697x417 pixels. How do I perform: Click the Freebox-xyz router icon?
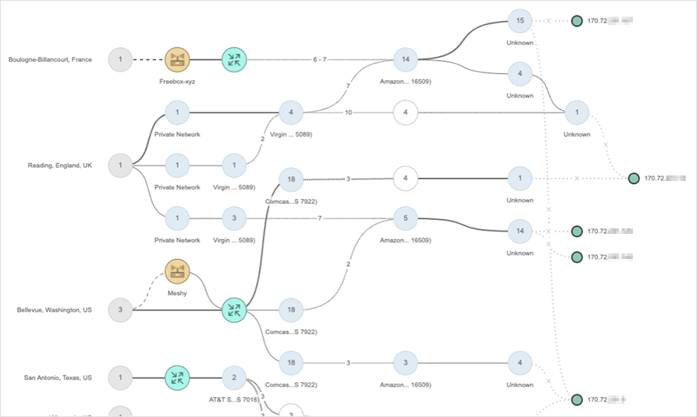point(177,60)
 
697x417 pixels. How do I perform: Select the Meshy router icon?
point(177,272)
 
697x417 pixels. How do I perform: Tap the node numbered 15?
point(519,21)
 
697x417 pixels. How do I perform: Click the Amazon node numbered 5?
point(405,219)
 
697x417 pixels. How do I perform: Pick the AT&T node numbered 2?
point(234,378)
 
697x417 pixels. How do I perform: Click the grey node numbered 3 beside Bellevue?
point(120,310)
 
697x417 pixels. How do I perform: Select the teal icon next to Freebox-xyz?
point(234,60)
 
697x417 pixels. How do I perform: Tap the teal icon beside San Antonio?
point(177,378)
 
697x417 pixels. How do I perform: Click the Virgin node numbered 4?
point(291,112)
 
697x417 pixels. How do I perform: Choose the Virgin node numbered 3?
point(234,219)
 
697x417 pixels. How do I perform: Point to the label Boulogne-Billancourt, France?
point(50,60)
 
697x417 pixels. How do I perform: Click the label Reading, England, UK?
point(60,166)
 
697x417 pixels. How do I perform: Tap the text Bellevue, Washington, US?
point(54,310)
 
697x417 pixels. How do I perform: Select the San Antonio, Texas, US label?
point(58,378)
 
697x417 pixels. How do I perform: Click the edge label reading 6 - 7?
point(319,60)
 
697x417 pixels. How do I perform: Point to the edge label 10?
point(347,112)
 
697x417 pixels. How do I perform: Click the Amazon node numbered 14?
point(405,60)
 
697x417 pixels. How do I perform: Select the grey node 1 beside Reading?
point(120,166)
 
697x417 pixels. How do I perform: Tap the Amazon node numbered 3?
point(405,363)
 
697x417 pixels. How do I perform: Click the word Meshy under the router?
point(177,293)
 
